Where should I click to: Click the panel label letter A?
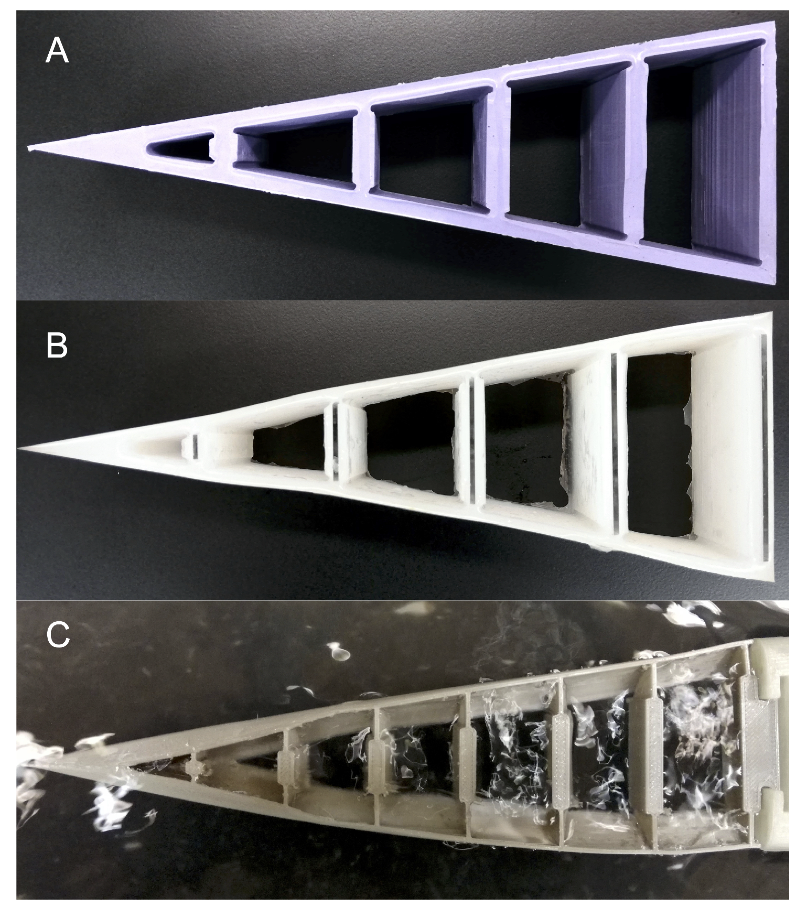pos(57,52)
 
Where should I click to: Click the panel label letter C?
pos(58,635)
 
